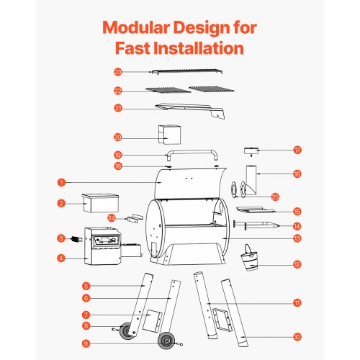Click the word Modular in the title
136,27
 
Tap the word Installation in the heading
199,48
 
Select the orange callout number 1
61,182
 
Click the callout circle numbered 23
118,72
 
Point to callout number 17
297,150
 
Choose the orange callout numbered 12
297,264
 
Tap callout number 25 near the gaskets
275,197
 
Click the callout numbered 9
86,343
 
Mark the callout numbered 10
297,337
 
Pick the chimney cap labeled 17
251,151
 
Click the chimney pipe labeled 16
251,180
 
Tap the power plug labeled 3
77,239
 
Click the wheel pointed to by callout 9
166,341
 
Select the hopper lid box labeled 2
101,203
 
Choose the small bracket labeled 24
135,218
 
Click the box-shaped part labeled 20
169,135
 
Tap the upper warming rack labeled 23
187,71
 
